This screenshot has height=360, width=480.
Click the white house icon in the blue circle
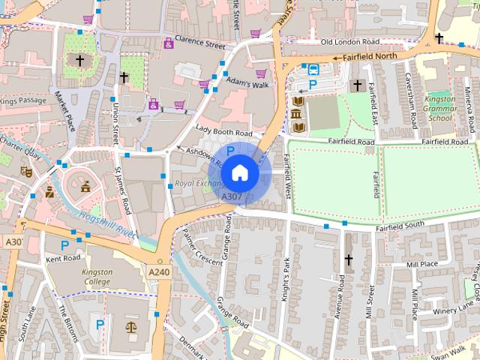click(238, 172)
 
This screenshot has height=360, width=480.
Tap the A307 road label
click(231, 196)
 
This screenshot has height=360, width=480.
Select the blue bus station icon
click(313, 70)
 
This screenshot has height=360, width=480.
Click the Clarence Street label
click(199, 42)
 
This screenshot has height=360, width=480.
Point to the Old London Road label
click(350, 42)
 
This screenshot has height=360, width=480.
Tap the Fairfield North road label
click(374, 56)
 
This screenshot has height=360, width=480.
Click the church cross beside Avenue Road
click(348, 259)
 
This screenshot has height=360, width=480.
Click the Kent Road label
click(63, 258)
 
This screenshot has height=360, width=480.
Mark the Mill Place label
click(421, 265)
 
